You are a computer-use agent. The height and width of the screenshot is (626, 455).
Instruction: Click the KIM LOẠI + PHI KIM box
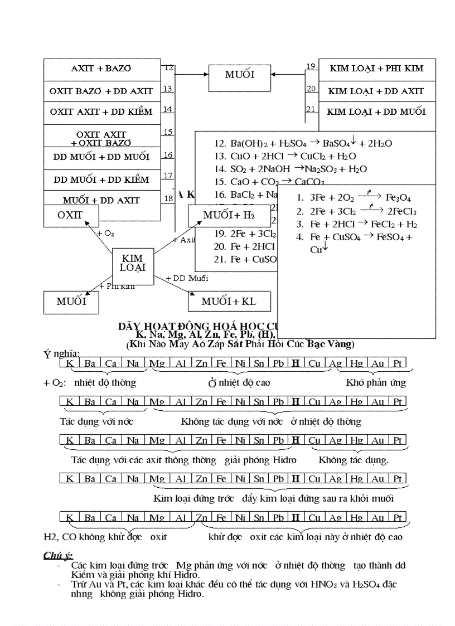click(x=376, y=69)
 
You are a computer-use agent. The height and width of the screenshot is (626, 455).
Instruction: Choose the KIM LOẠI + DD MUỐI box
click(x=376, y=112)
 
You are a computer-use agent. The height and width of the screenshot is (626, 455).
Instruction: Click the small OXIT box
click(x=70, y=215)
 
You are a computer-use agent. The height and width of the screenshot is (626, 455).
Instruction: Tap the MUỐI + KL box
click(x=229, y=302)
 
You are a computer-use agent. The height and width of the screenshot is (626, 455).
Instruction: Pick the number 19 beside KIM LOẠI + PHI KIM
click(x=311, y=67)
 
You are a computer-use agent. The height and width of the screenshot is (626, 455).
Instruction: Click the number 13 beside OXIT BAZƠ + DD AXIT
click(x=167, y=89)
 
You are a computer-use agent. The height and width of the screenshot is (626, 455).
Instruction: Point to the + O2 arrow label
click(x=105, y=234)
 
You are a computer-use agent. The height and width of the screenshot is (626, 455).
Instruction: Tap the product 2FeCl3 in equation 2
click(x=401, y=211)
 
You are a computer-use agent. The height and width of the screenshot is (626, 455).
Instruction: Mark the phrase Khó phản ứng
click(x=376, y=383)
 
